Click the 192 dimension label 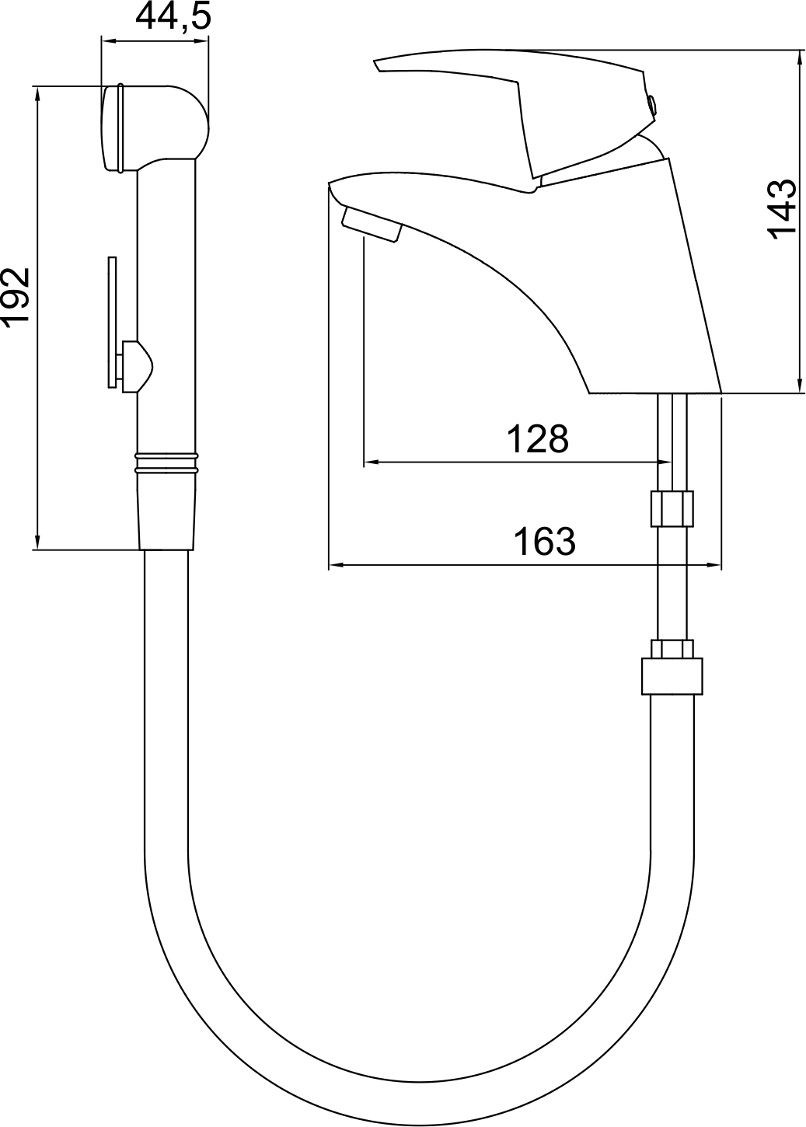[15, 298]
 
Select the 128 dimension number [537, 438]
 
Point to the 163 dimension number [544, 542]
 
